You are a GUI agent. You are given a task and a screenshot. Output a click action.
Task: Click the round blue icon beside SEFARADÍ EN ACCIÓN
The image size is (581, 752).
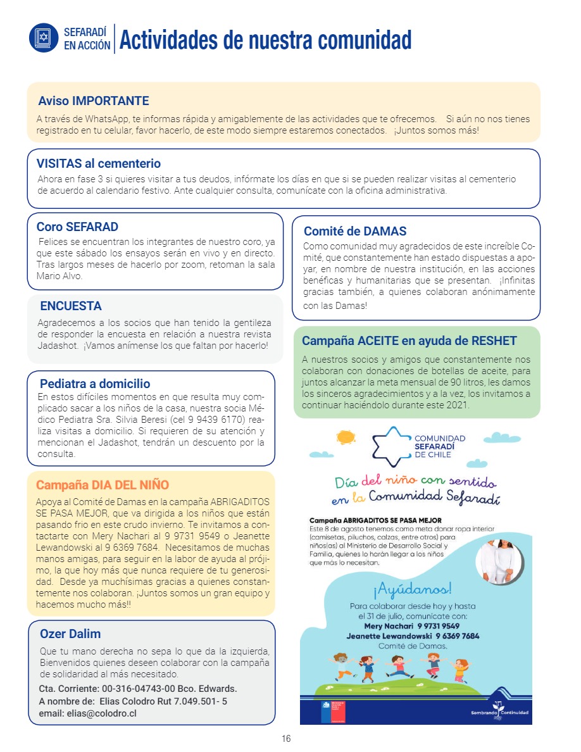point(44,37)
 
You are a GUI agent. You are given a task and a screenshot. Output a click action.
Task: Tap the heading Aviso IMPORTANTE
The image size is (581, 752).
point(94,101)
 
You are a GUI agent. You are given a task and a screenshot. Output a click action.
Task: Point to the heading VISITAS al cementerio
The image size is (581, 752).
point(99,163)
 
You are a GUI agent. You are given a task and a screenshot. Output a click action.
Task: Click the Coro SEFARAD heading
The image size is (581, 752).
point(77,227)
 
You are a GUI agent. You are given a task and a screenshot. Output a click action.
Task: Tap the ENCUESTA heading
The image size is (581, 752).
point(71,306)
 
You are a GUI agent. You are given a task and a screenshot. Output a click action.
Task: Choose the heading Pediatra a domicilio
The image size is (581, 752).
point(95,384)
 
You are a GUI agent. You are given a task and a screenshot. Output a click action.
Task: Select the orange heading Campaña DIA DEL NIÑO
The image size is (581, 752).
point(103,485)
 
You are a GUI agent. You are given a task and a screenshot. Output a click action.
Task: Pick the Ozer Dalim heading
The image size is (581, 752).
point(70,634)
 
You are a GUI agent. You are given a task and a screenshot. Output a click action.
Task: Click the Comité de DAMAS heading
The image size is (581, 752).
point(355,231)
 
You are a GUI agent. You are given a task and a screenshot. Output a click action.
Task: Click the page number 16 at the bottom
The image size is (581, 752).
point(286,739)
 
